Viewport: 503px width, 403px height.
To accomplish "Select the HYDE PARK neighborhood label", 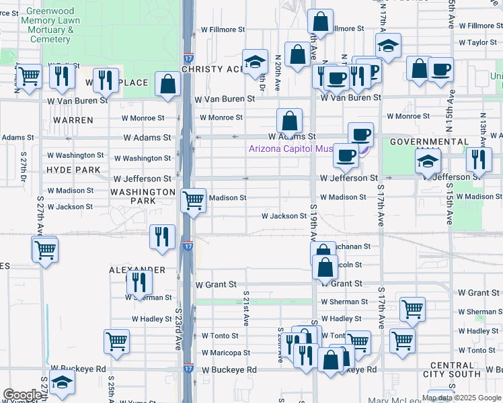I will click(73, 170).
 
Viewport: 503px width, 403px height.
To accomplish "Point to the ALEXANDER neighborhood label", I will click(137, 269).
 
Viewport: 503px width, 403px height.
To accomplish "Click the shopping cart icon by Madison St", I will click(193, 199).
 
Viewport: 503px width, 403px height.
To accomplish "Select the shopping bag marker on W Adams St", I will click(289, 122).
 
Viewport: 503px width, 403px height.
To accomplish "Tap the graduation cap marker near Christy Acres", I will click(255, 62).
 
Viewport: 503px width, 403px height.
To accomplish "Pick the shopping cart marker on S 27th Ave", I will click(45, 250).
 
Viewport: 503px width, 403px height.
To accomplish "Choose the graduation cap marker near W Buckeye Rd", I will click(62, 382).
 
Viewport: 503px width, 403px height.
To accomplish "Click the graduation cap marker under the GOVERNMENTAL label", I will click(428, 161).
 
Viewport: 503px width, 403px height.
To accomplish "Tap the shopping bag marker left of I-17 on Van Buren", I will click(167, 84).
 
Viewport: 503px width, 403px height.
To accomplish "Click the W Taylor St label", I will click(477, 42).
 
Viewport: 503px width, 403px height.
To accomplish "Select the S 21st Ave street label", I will click(246, 309).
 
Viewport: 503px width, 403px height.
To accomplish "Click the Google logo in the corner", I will click(22, 395).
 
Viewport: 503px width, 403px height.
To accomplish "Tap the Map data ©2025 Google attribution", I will click(461, 398).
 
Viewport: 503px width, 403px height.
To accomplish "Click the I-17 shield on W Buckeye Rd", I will click(188, 369).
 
